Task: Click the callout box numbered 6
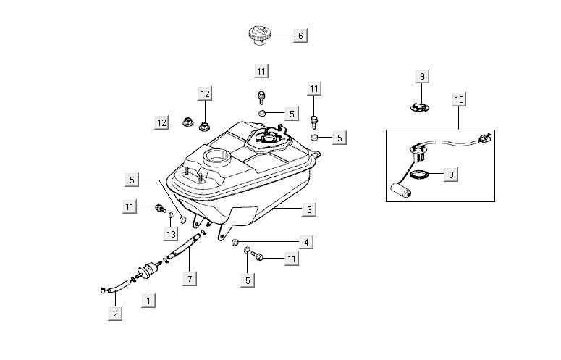point(301,35)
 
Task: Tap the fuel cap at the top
point(259,34)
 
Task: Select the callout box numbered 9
point(423,76)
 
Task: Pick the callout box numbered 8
point(451,175)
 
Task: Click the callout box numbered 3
point(309,209)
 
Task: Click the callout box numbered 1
point(148,299)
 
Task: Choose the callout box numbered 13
point(171,234)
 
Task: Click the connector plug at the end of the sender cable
point(488,138)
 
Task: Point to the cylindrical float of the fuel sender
point(402,191)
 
